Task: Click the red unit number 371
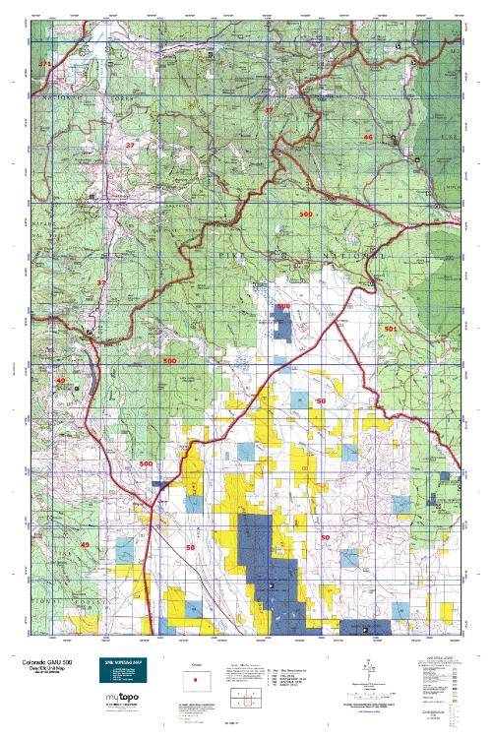(x=43, y=64)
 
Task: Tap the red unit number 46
(x=368, y=136)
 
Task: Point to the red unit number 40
(x=59, y=380)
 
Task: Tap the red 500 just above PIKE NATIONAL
(x=305, y=214)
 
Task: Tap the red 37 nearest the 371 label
(x=130, y=145)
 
